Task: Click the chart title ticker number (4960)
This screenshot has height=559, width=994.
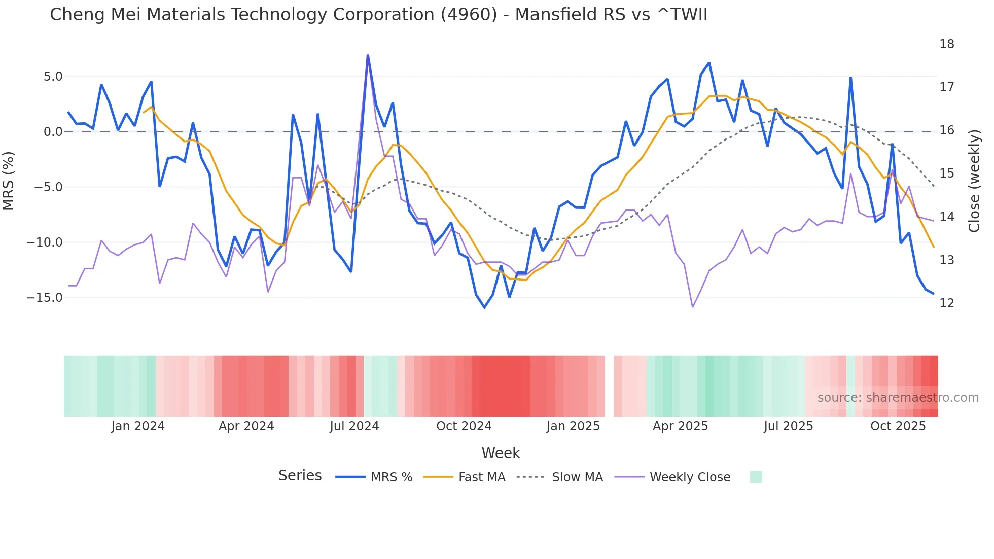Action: click(469, 15)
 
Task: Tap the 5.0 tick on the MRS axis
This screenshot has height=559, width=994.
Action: click(53, 77)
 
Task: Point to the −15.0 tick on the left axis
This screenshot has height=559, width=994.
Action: click(45, 298)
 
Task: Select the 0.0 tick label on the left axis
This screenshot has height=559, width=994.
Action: click(53, 132)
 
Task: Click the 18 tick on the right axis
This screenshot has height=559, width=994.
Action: click(946, 44)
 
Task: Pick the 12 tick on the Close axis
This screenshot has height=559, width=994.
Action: click(946, 303)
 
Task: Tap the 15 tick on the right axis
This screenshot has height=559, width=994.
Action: click(946, 173)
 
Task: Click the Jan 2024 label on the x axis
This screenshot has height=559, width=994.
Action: click(138, 426)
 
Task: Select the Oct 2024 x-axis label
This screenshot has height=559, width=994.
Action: click(464, 426)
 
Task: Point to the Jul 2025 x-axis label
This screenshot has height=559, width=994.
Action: click(788, 426)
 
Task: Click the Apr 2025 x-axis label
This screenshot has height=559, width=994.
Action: click(680, 426)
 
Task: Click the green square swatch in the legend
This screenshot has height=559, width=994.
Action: click(756, 477)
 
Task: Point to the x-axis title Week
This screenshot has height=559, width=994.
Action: click(501, 453)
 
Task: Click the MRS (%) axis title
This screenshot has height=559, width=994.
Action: click(9, 181)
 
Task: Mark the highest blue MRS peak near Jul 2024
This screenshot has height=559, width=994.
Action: click(368, 55)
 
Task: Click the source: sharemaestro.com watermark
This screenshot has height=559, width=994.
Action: click(898, 398)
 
